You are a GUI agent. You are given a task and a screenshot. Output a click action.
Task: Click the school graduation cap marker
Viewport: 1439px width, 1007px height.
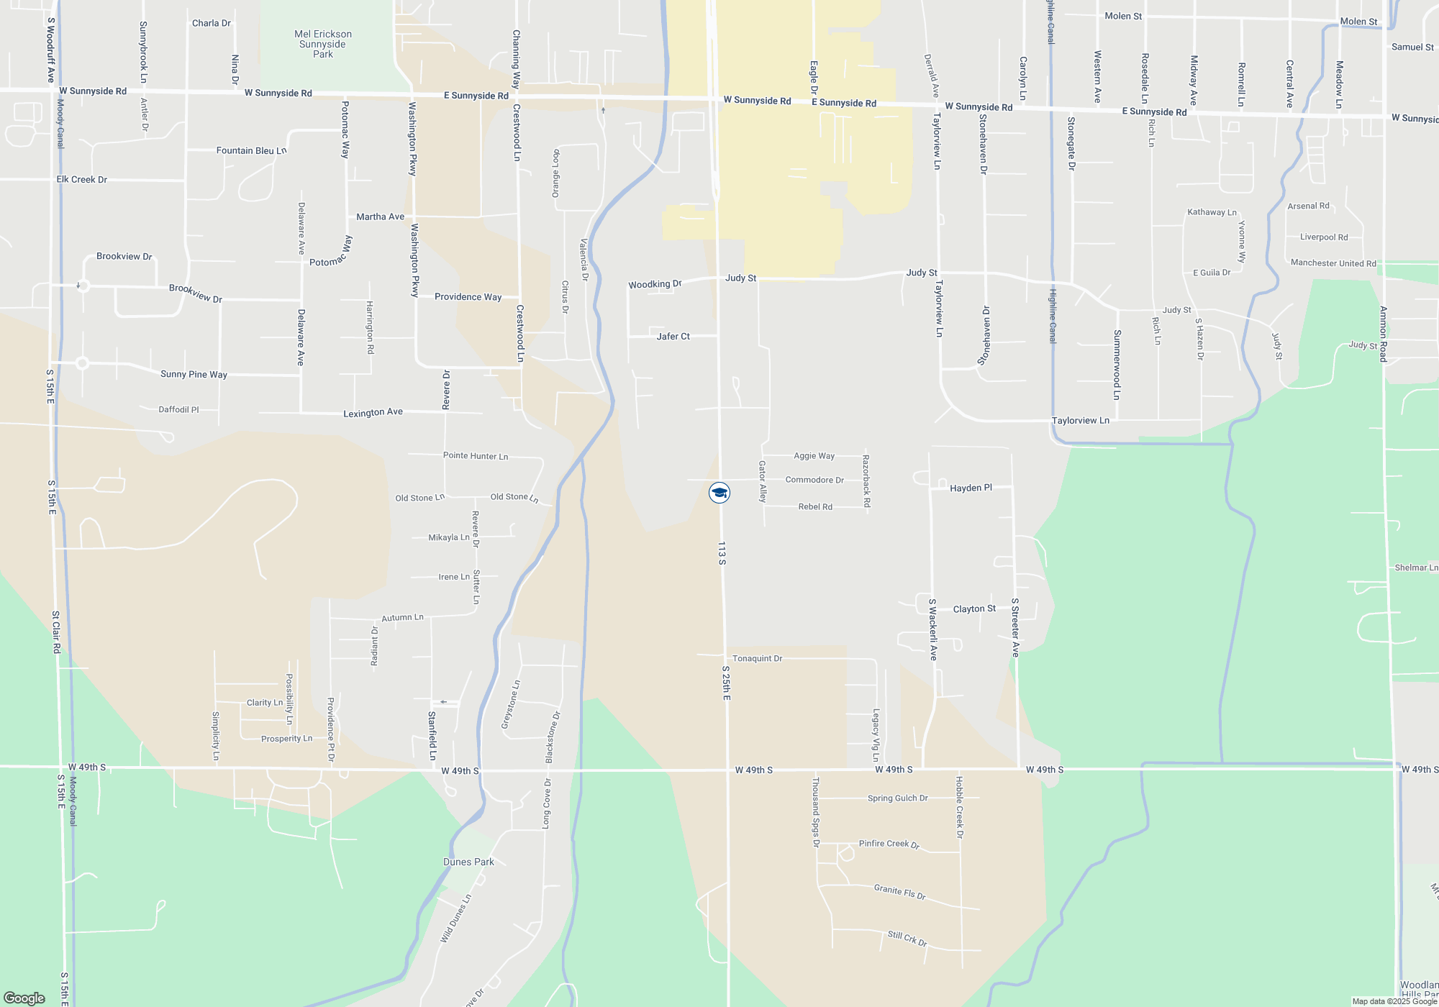tap(719, 493)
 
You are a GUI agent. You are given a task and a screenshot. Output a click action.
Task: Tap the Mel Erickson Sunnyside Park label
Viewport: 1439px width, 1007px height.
tap(323, 44)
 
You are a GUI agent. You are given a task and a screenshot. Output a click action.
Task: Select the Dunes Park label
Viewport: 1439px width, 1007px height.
tap(468, 862)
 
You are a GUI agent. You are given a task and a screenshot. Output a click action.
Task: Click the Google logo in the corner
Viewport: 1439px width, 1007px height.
tap(24, 998)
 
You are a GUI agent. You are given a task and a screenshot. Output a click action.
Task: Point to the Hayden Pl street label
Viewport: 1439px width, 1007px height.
tap(971, 488)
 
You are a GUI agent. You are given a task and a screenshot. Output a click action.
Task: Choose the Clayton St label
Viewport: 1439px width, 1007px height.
tap(974, 609)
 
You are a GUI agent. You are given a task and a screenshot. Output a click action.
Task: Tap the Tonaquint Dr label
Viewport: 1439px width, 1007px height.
tap(757, 658)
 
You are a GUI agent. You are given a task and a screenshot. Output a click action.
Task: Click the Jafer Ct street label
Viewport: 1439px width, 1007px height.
tap(673, 336)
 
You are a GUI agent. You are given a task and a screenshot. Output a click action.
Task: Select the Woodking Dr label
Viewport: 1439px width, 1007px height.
tap(655, 284)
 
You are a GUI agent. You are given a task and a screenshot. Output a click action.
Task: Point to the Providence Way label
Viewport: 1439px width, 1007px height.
tap(468, 297)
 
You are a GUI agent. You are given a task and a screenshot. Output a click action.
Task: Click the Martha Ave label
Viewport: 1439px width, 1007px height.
tap(380, 217)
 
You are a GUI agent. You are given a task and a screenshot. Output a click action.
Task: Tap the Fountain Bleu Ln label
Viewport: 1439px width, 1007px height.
tap(251, 150)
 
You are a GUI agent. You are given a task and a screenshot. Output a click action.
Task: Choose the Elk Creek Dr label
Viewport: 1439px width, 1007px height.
tap(81, 179)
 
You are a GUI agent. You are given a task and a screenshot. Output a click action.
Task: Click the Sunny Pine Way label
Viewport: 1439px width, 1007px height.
tap(194, 374)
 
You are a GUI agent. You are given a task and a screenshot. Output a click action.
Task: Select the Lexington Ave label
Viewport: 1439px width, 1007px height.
tap(373, 412)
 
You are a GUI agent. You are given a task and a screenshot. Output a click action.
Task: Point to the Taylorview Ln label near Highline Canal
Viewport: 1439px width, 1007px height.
tap(1080, 421)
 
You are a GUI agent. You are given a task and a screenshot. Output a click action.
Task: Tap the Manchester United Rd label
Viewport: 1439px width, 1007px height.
tap(1333, 263)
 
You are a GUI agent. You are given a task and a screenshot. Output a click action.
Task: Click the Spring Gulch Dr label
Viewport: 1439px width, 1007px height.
tap(897, 798)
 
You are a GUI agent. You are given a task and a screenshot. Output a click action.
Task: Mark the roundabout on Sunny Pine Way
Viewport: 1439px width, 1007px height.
tap(82, 363)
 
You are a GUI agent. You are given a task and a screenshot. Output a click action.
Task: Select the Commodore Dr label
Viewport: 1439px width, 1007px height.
tap(814, 480)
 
